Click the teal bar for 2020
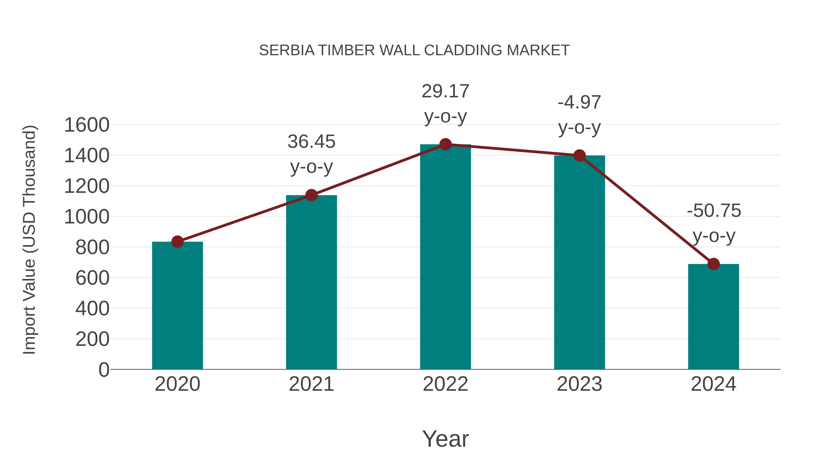coord(177,306)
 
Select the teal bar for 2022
coord(445,257)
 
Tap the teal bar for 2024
coord(713,317)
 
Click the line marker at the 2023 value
coord(579,156)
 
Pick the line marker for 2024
coord(713,264)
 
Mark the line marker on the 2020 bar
coord(177,242)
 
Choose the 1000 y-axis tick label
coord(87,217)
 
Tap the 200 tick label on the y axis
coord(92,339)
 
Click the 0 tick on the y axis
coord(104,370)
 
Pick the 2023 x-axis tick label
coord(579,384)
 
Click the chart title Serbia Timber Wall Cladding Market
coord(414,50)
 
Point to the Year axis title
coord(445,439)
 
